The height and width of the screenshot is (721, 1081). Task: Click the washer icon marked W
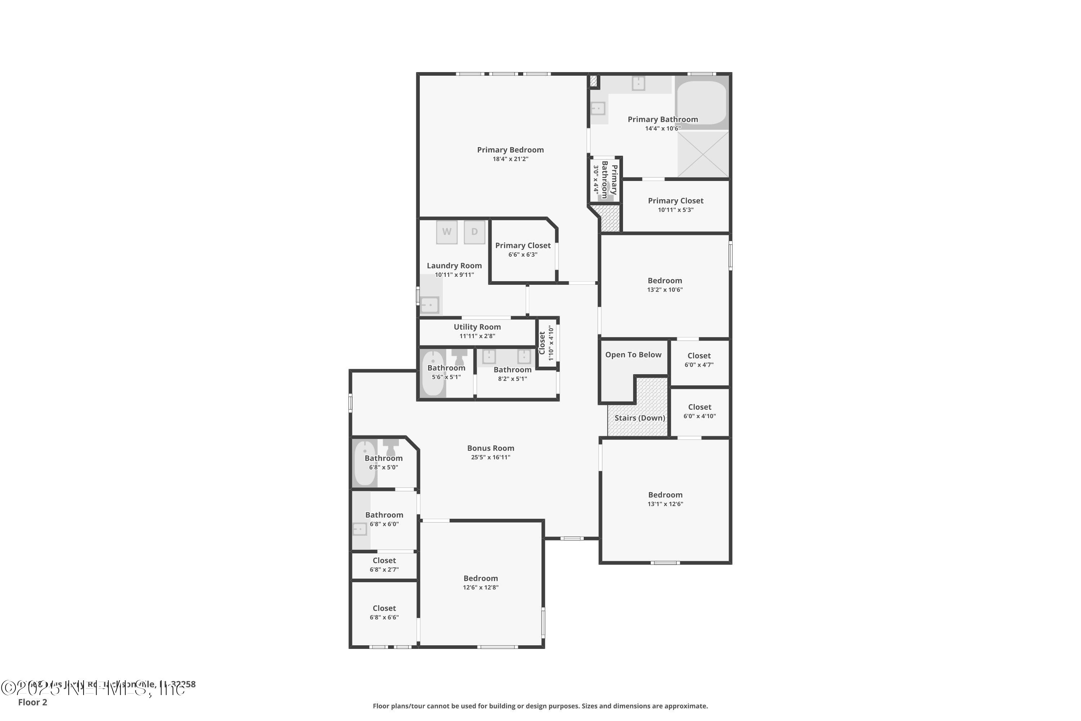(446, 232)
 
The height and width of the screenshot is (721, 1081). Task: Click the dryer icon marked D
(474, 232)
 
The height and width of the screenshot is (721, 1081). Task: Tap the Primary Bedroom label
(510, 150)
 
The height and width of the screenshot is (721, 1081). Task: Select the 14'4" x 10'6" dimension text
(662, 129)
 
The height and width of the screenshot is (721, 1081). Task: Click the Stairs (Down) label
(639, 418)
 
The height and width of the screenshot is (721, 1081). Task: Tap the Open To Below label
(633, 355)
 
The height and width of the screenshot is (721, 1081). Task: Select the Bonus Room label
(490, 448)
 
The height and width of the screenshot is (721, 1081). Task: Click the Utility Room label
(477, 327)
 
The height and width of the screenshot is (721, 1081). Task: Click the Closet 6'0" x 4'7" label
(699, 356)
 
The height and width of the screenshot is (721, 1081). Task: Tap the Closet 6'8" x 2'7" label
(384, 561)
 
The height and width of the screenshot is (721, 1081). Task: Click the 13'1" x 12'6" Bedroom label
(665, 495)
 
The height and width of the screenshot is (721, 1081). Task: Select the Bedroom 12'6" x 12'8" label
(480, 579)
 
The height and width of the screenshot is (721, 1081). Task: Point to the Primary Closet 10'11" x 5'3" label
(675, 201)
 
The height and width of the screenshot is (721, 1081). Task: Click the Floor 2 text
(33, 702)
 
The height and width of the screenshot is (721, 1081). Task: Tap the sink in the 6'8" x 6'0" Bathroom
(359, 529)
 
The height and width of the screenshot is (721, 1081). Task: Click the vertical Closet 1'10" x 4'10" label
(542, 342)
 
